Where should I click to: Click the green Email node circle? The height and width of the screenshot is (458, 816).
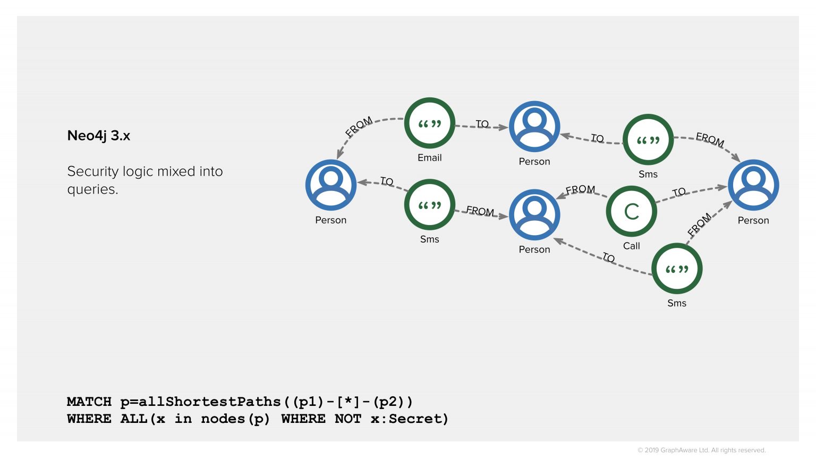(x=429, y=123)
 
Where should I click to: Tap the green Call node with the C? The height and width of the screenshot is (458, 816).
(x=631, y=211)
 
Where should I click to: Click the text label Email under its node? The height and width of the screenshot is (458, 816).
(x=429, y=157)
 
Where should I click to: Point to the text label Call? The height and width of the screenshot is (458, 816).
(x=631, y=246)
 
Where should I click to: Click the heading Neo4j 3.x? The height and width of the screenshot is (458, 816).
(x=98, y=136)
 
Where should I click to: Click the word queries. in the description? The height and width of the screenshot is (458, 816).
(x=92, y=189)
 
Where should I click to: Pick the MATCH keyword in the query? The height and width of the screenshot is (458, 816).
(x=89, y=401)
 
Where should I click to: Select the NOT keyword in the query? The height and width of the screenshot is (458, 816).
(x=347, y=419)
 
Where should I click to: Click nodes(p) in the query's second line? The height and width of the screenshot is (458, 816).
(x=235, y=419)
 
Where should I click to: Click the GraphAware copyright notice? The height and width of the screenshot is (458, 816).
(x=701, y=450)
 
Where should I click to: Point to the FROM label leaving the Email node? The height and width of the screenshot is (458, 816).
(x=359, y=127)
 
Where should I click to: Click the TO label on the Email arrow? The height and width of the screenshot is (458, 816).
(x=482, y=124)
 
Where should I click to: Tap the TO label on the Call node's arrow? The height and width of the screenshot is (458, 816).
(x=679, y=192)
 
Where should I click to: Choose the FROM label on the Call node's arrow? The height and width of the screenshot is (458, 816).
(x=580, y=189)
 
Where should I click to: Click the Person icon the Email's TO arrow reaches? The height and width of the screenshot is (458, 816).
(x=534, y=127)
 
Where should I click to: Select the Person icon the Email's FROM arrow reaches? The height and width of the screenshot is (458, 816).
(x=330, y=185)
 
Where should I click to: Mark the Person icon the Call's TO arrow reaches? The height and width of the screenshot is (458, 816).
(x=753, y=185)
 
